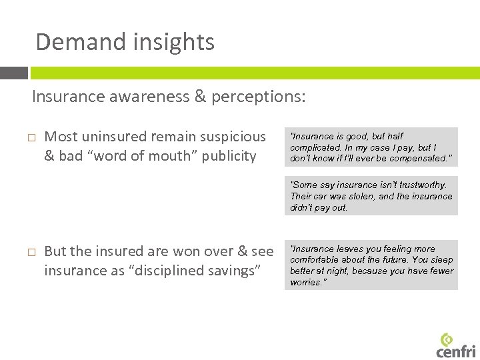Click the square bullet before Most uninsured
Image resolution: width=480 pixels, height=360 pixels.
coord(31,137)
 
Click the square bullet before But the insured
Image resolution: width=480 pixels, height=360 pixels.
coord(31,252)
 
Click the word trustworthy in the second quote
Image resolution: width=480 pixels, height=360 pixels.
coord(421,185)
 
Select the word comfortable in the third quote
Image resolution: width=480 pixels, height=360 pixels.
coord(317,260)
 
